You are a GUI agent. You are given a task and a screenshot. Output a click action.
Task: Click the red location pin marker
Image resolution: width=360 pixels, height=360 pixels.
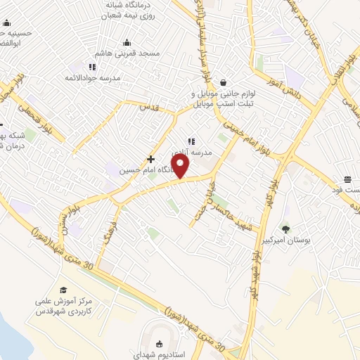click(x=181, y=166)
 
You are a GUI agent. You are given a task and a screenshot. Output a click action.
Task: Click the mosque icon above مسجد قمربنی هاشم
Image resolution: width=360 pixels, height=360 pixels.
click(x=127, y=42)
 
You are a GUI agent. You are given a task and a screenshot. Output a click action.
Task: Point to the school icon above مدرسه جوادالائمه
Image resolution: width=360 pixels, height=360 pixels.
click(x=92, y=67)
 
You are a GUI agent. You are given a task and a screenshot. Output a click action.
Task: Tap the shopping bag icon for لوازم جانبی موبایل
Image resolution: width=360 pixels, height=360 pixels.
click(x=222, y=82)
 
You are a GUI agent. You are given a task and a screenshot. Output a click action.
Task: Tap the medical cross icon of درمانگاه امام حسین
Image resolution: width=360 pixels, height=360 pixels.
click(x=150, y=160)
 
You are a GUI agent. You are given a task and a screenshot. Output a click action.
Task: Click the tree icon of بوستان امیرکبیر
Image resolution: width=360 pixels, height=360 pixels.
click(x=285, y=229)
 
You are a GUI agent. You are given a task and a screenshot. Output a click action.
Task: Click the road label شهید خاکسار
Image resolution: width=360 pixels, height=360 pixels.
click(x=226, y=205)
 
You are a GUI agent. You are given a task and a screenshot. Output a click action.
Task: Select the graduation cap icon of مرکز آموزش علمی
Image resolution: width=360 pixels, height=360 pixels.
click(x=63, y=290)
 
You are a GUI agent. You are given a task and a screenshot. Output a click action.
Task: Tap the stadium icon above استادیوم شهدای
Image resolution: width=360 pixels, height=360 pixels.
click(x=159, y=343)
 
